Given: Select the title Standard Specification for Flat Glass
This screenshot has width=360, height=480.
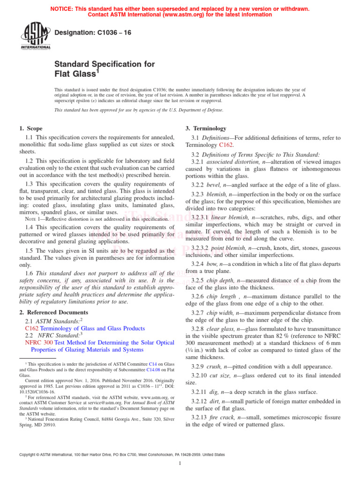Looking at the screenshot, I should tap(104, 69).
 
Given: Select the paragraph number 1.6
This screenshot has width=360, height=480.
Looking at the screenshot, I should tap(29, 273).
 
